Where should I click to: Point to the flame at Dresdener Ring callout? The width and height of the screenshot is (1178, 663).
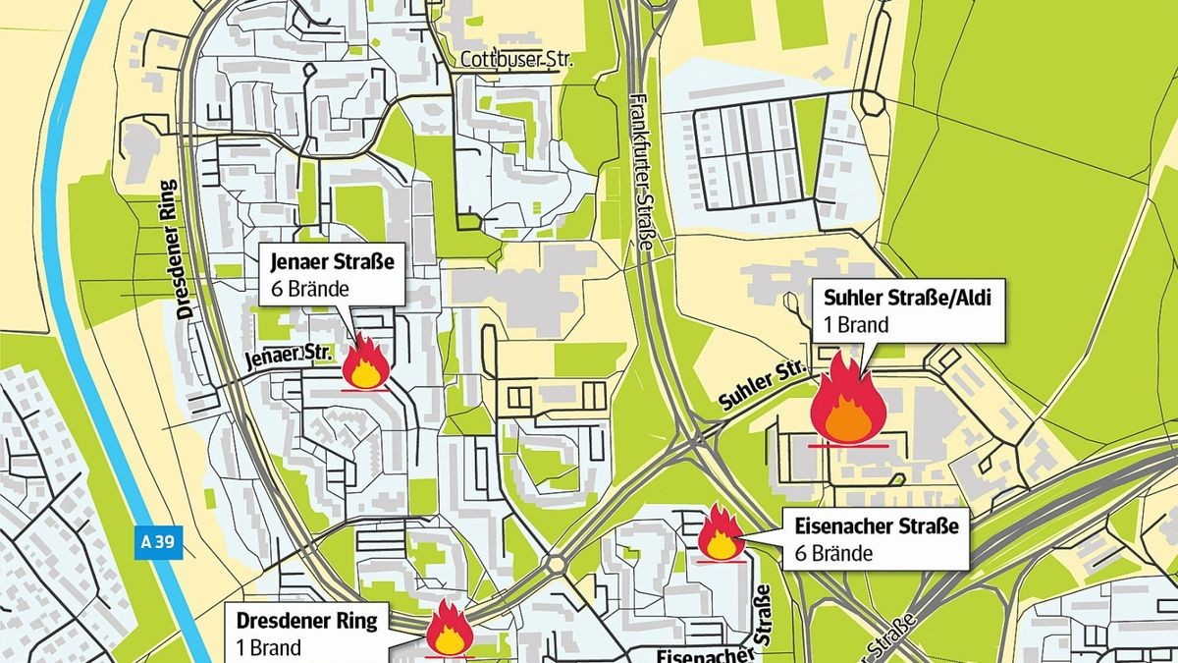pyautogui.click(x=450, y=629)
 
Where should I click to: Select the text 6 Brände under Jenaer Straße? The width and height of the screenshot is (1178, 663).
pyautogui.click(x=309, y=289)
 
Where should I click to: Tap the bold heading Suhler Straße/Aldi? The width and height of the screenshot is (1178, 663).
pyautogui.click(x=901, y=299)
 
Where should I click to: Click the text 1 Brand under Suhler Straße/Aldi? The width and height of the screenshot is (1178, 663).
pyautogui.click(x=857, y=325)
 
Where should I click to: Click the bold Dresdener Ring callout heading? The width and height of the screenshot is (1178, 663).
pyautogui.click(x=320, y=622)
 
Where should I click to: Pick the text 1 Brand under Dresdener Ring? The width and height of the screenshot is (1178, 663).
pyautogui.click(x=268, y=648)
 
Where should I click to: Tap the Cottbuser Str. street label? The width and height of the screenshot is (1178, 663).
pyautogui.click(x=515, y=61)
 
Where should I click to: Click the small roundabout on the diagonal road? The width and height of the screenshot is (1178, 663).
pyautogui.click(x=555, y=564)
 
